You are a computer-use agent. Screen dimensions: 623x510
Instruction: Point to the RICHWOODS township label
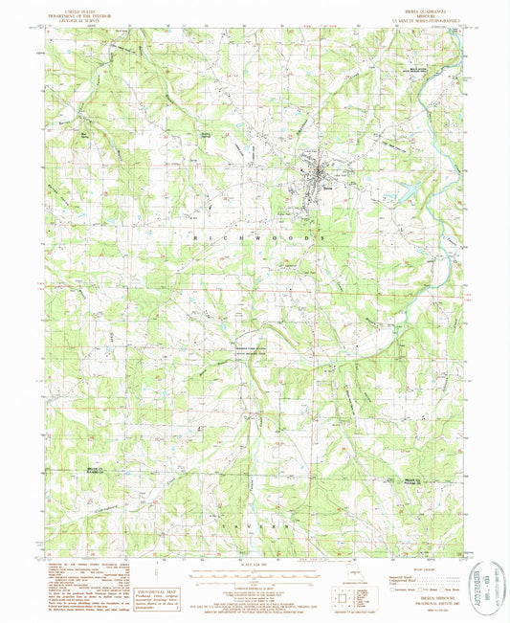256,234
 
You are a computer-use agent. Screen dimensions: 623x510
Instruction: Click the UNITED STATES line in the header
80,9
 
